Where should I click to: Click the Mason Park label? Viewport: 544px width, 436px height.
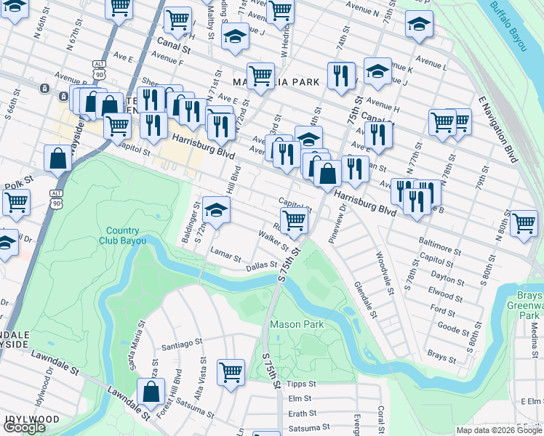coord(297,324)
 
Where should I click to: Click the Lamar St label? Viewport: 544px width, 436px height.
coord(225,257)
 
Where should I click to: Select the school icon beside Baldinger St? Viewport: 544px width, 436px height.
coord(216,211)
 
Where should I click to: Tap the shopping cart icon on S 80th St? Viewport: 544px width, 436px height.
coord(523,223)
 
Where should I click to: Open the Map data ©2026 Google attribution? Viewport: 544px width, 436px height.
coord(498,430)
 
